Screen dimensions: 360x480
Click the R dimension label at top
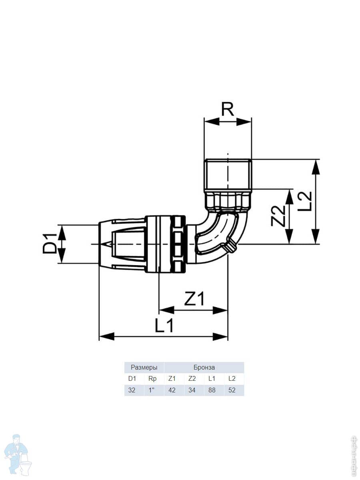click(228, 109)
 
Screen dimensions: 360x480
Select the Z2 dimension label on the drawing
click(278, 216)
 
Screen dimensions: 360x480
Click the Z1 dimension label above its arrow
click(194, 298)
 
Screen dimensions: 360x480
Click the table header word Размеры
click(144, 367)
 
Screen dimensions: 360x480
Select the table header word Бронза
click(204, 367)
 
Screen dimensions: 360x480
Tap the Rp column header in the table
click(152, 378)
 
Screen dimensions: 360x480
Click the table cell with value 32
click(132, 390)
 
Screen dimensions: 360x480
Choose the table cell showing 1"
click(152, 390)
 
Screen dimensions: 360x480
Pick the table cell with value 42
click(172, 390)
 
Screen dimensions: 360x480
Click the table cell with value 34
click(192, 390)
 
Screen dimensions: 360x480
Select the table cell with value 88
click(212, 390)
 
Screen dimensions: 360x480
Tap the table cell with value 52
click(232, 390)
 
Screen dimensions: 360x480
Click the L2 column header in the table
click(232, 378)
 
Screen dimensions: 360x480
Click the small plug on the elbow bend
click(231, 246)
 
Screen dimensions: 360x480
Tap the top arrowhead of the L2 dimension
click(315, 167)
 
